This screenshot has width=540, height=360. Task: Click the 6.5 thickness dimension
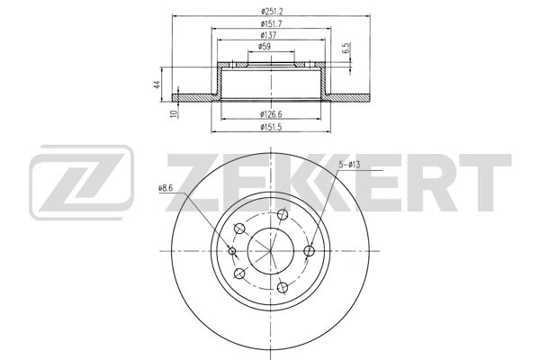pyautogui.click(x=346, y=48)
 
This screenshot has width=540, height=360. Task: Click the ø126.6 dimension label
pyautogui.click(x=271, y=113)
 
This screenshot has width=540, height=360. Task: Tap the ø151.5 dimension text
pyautogui.click(x=271, y=127)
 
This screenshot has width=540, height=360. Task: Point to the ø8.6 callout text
pyautogui.click(x=165, y=187)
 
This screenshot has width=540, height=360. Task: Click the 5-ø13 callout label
pyautogui.click(x=348, y=163)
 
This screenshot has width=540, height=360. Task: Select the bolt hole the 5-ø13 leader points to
pyautogui.click(x=309, y=251)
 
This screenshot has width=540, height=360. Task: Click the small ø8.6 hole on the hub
pyautogui.click(x=232, y=251)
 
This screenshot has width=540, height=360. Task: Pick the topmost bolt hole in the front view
pyautogui.click(x=282, y=216)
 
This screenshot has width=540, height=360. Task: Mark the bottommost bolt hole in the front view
pyautogui.click(x=282, y=287)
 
